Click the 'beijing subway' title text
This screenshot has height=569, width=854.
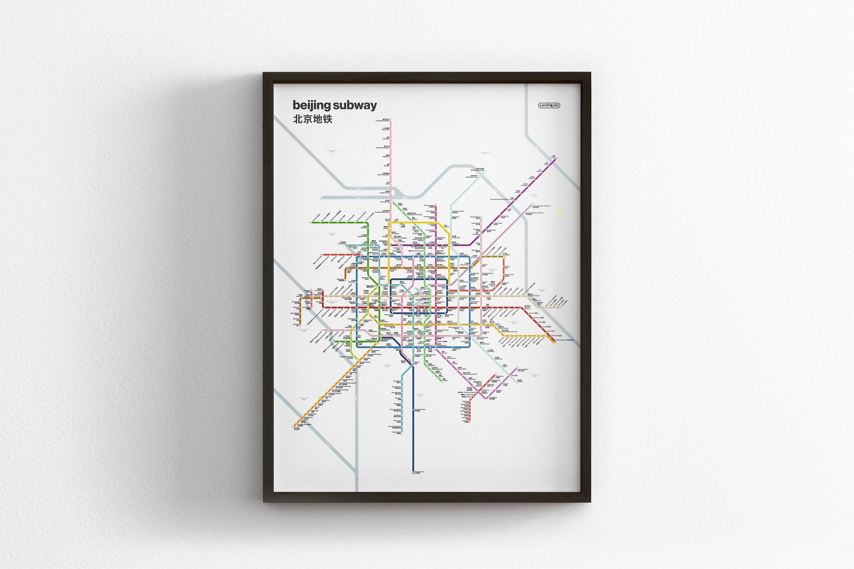pos(334,105)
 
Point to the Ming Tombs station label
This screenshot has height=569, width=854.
pos(386,129)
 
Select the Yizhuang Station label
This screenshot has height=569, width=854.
pos(522,369)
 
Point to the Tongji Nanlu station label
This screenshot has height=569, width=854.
pos(493,398)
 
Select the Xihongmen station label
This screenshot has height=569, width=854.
pos(397,382)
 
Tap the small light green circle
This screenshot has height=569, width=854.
pos(559,214)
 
